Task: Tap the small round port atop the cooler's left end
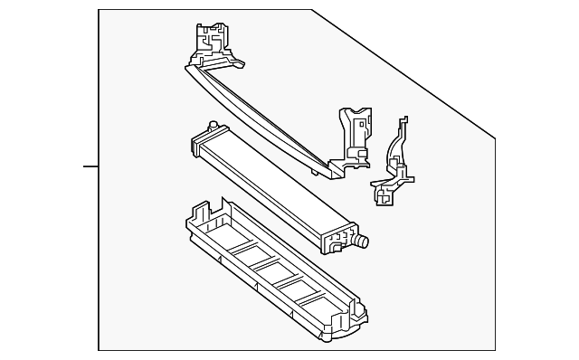(212, 125)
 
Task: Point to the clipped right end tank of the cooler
(339, 237)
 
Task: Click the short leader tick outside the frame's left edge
(90, 166)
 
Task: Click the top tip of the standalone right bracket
(403, 118)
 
